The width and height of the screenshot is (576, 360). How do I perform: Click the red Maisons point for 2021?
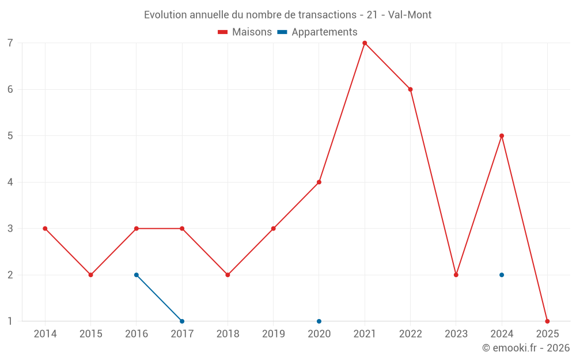coord(365,43)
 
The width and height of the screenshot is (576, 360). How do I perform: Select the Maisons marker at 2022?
coord(410,89)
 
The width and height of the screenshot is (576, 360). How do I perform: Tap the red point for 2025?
coord(547,321)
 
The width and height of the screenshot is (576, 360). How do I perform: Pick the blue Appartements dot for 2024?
coord(502,275)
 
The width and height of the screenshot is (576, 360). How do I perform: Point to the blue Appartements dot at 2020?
coord(319,321)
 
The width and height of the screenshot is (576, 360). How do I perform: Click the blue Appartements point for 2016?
coord(137,275)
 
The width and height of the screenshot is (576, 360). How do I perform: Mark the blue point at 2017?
coord(182,321)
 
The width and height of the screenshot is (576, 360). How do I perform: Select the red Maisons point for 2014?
coord(45,229)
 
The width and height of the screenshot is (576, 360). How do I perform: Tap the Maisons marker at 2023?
coord(456,275)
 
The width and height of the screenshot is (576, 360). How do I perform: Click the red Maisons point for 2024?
coord(502,136)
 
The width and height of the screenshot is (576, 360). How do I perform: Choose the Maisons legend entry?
coord(245,32)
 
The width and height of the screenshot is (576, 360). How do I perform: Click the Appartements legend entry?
coord(317,32)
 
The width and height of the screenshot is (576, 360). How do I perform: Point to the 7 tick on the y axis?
coord(10,43)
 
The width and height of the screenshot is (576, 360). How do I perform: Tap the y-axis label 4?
coord(10,182)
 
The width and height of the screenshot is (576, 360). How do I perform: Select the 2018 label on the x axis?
coord(228,334)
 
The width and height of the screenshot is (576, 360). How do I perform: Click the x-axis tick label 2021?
coord(365,334)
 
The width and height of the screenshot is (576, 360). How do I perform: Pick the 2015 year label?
coord(91,334)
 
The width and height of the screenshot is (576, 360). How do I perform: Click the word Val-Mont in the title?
coord(410,15)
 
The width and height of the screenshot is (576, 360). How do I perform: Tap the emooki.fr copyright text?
coord(526,347)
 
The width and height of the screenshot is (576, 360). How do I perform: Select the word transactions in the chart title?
coord(327,15)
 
